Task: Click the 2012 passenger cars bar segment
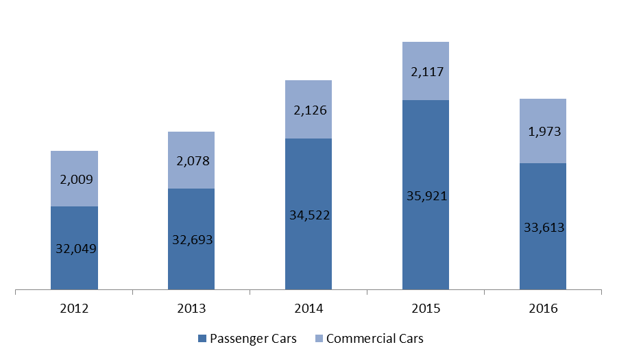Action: pyautogui.click(x=74, y=248)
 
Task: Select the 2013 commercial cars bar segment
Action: pyautogui.click(x=191, y=160)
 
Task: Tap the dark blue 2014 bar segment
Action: pyautogui.click(x=308, y=214)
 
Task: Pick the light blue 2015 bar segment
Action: pyautogui.click(x=426, y=71)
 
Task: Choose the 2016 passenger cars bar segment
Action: pyautogui.click(x=543, y=226)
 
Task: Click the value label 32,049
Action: pyautogui.click(x=76, y=249)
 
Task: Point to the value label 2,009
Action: pyautogui.click(x=76, y=180)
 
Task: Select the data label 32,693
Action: pyautogui.click(x=193, y=239)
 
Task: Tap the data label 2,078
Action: pyautogui.click(x=193, y=161)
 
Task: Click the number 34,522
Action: pyautogui.click(x=310, y=215)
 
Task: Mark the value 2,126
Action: pyautogui.click(x=310, y=110)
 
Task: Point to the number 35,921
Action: pyautogui.click(x=427, y=196)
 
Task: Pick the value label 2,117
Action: pyautogui.click(x=427, y=71)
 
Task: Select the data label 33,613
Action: pyautogui.click(x=544, y=228)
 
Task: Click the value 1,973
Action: pyautogui.click(x=544, y=132)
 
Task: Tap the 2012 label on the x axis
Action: pyautogui.click(x=74, y=308)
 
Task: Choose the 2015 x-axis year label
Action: pyautogui.click(x=426, y=308)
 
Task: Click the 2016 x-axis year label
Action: pyautogui.click(x=543, y=308)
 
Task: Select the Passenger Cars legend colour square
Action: pyautogui.click(x=202, y=338)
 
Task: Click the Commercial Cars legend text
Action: pyautogui.click(x=374, y=338)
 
